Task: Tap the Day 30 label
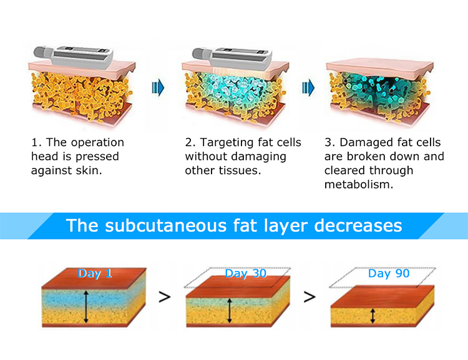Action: pyautogui.click(x=244, y=275)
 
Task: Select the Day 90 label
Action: pyautogui.click(x=388, y=275)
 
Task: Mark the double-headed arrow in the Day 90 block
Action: pyautogui.click(x=373, y=316)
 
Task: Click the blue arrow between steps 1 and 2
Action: pyautogui.click(x=158, y=88)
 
